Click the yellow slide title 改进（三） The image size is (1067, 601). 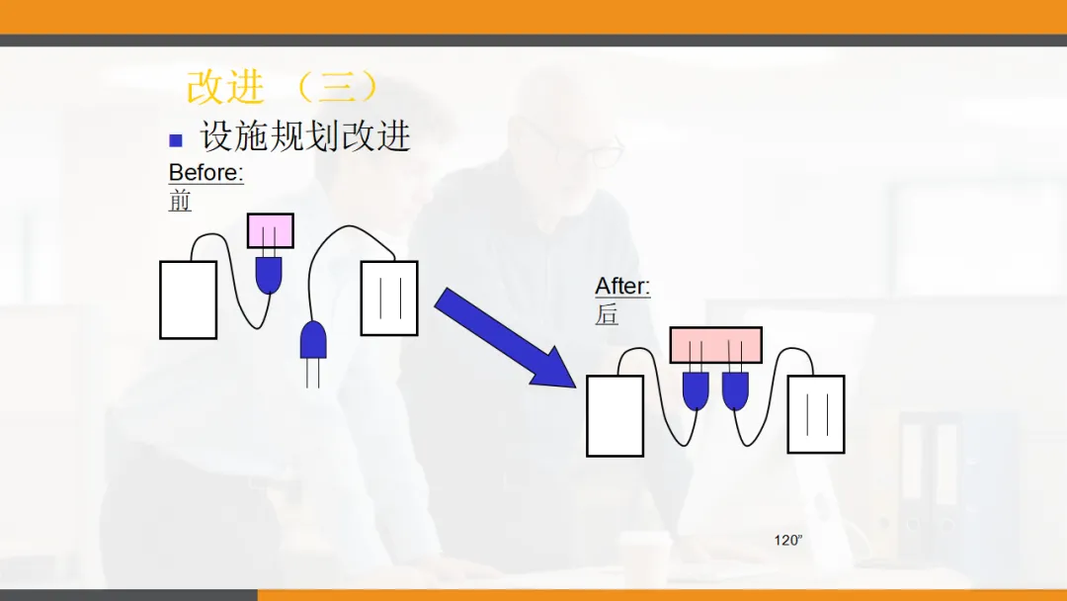tap(285, 87)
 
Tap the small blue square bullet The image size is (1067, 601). tap(176, 139)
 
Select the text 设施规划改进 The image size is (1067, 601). tap(305, 136)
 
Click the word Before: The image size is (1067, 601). tap(205, 172)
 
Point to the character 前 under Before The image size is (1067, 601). tap(180, 201)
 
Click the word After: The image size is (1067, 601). tap(622, 287)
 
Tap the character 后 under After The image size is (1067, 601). tap(607, 314)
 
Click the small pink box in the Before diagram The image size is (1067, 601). tap(270, 230)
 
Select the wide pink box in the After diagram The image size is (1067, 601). tap(715, 345)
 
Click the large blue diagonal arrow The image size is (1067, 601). tap(504, 337)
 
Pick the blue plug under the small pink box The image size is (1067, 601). tap(269, 275)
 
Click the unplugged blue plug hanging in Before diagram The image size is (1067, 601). tap(313, 341)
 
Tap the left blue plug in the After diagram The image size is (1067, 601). tap(696, 390)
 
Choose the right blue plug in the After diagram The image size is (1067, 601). tap(735, 390)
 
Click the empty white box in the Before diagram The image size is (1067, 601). tap(188, 300)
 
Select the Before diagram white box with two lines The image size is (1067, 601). tap(388, 298)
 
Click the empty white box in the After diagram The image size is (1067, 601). tap(615, 415)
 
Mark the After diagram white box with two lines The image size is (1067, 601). tap(815, 413)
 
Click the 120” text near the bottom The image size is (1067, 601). tap(788, 540)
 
